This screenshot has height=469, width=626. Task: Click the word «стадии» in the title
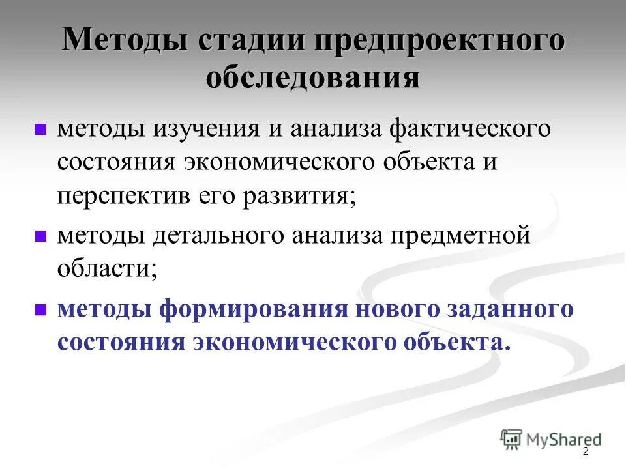[x=250, y=41]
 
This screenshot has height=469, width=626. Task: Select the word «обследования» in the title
[x=313, y=78]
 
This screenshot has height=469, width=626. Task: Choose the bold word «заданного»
[x=513, y=308]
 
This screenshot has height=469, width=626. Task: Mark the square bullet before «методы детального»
[x=40, y=236]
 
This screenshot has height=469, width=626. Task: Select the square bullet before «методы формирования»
[x=40, y=309]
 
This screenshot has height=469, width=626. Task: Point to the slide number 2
[x=586, y=451]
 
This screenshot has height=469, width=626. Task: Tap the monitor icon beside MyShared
[x=511, y=439]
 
